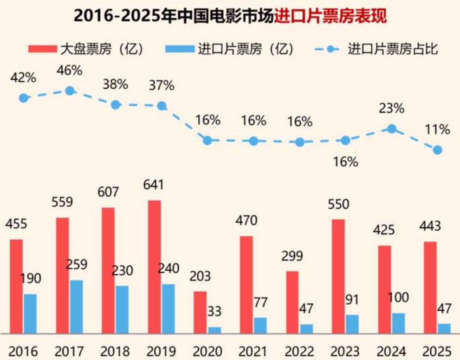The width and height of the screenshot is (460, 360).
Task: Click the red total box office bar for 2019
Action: tap(155, 267)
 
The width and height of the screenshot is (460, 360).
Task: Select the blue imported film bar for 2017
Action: tap(76, 307)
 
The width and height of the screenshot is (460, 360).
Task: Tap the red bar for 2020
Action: tap(200, 312)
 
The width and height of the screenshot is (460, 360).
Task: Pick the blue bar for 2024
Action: tap(398, 323)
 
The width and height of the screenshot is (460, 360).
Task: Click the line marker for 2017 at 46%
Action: tap(70, 91)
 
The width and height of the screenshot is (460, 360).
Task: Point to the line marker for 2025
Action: tap(437, 150)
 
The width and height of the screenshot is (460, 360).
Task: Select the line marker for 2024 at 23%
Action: tap(391, 129)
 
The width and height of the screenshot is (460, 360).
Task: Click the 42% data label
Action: tap(23, 77)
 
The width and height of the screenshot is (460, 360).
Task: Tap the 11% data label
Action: tap(437, 130)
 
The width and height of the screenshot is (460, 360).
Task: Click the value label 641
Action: tap(154, 185)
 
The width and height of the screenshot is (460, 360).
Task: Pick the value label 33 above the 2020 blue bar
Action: tap(214, 312)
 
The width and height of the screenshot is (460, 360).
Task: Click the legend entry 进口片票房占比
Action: tap(393, 49)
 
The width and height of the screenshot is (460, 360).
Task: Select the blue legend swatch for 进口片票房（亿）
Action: tap(179, 49)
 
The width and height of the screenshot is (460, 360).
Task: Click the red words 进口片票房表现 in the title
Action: tap(330, 16)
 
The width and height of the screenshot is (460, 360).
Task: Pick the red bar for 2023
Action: tap(338, 276)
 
